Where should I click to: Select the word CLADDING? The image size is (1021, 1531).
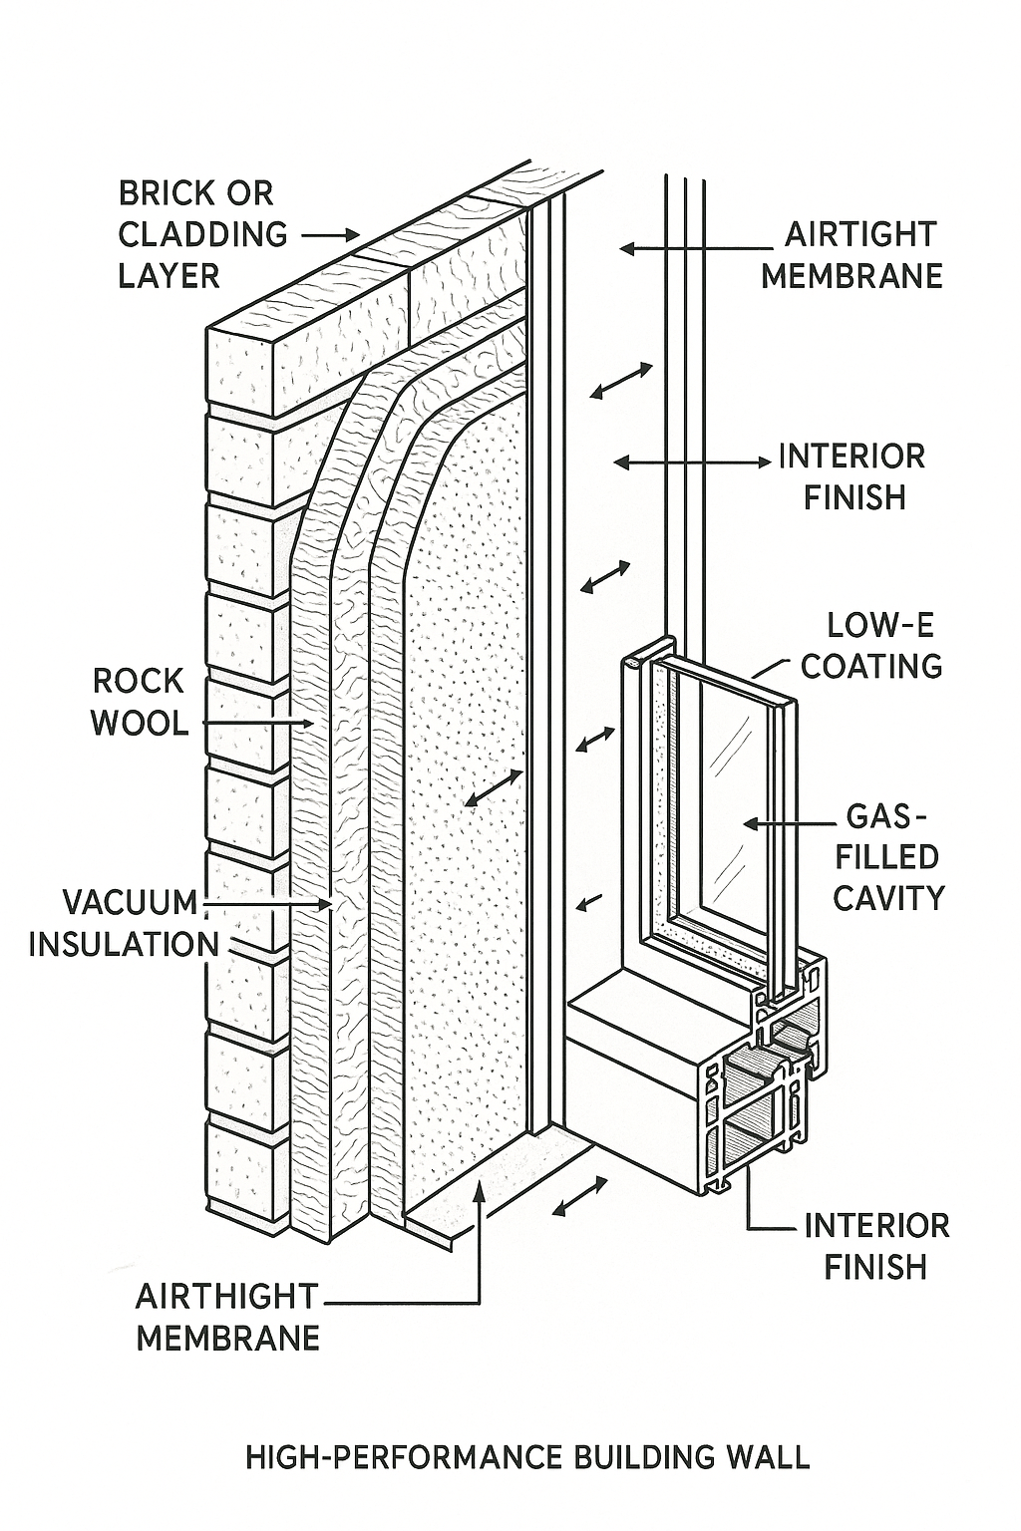[x=202, y=234]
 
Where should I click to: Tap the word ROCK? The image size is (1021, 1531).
[x=139, y=682]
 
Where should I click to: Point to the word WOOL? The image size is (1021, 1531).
[x=140, y=723]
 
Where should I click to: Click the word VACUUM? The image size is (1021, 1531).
[x=131, y=902]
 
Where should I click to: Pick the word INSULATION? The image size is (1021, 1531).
[x=124, y=944]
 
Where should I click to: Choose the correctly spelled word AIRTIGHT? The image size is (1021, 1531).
[x=860, y=234]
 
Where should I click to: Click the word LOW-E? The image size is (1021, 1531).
[x=881, y=625]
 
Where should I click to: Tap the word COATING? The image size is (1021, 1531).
[x=871, y=666]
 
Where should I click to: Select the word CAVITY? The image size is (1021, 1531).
[x=887, y=898]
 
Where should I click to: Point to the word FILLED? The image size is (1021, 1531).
[x=879, y=857]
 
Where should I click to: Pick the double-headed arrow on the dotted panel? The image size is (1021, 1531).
[x=494, y=787]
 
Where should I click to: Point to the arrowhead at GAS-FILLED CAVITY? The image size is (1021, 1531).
[x=751, y=823]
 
